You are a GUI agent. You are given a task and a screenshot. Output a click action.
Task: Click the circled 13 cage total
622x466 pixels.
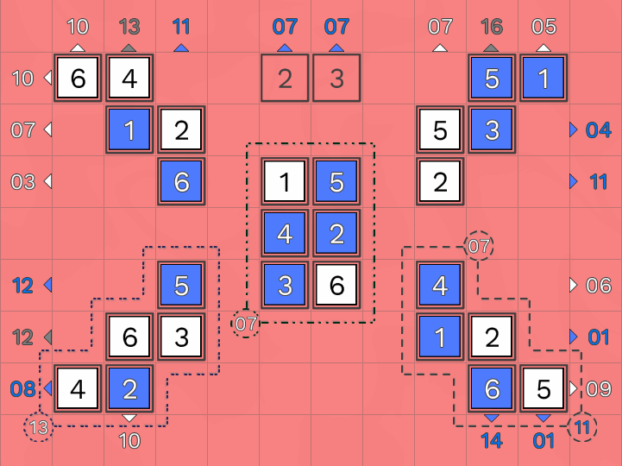tap(39, 427)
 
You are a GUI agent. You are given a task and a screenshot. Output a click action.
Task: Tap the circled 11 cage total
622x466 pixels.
tap(584, 427)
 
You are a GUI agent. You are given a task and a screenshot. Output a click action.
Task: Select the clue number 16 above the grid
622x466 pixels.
tap(492, 27)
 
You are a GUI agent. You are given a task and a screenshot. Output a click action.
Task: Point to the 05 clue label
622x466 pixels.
tap(543, 27)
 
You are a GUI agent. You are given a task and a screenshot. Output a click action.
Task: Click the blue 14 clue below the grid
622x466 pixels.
tap(492, 440)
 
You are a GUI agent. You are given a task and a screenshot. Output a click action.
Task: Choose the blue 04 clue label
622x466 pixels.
tap(598, 130)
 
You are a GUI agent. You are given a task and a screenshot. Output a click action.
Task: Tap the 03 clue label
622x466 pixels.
tap(22, 182)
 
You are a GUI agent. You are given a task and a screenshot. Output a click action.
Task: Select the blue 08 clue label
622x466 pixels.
tap(22, 388)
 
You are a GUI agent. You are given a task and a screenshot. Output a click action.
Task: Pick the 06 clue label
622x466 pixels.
tap(598, 285)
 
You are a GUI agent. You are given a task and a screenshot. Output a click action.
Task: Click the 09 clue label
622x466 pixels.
tap(598, 388)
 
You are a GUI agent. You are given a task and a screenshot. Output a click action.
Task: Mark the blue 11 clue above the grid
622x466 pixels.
tap(181, 27)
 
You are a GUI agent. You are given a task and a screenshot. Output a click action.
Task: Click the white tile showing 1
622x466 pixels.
tap(285, 182)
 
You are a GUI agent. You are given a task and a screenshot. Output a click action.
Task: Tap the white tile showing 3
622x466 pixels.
tap(181, 337)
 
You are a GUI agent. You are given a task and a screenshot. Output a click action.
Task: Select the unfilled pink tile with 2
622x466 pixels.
tap(285, 79)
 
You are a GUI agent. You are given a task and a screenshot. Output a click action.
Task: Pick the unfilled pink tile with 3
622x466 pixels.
tap(336, 79)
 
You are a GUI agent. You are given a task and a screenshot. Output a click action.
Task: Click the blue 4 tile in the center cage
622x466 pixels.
tap(285, 233)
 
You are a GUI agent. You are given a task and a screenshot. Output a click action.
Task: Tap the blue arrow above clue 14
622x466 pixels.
tap(492, 419)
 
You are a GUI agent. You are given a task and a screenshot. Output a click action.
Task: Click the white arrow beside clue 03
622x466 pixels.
tap(47, 182)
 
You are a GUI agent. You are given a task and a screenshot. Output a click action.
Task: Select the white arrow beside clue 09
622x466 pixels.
tap(573, 388)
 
